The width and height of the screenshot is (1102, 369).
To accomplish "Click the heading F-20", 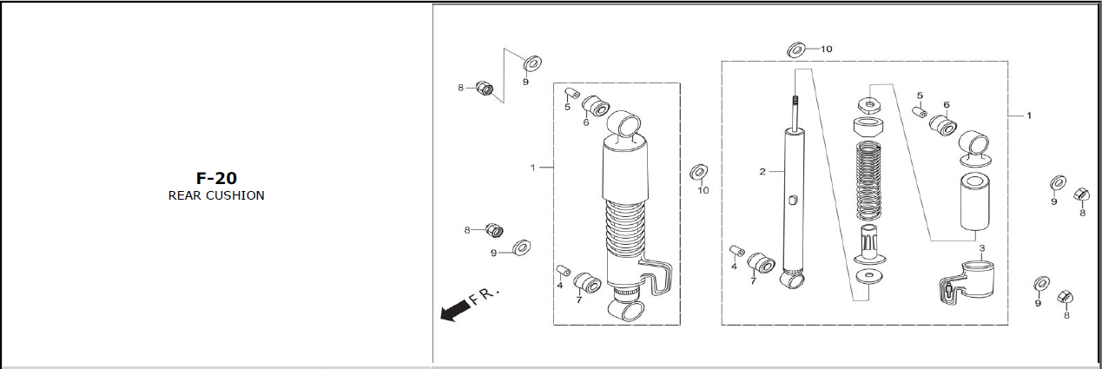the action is pos(216,178).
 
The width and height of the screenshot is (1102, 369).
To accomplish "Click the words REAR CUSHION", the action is pos(216,195).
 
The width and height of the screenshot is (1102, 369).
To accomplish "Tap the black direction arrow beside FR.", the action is pos(454,311).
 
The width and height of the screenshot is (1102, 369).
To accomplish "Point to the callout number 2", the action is pos(762,172).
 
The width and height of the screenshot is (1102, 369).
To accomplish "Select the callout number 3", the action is pos(982,248).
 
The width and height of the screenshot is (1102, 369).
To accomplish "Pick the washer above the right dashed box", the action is pos(796,49).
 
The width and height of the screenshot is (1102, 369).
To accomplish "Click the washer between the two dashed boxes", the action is pos(698,172).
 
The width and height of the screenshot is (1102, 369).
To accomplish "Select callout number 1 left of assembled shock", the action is pos(532,168).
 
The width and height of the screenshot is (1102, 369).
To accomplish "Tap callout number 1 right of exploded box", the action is pos(1029,115).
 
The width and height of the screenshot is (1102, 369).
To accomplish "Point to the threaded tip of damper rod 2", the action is pos(795,102).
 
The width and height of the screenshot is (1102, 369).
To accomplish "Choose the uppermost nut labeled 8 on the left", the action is pos(485,89).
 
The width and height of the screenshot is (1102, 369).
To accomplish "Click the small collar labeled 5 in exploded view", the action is pos(920,112).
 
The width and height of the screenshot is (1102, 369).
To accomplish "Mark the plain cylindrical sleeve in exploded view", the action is pos(975,201).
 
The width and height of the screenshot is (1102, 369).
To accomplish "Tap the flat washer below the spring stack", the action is pos(869,276).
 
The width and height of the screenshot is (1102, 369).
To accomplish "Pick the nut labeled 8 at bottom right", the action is pos(1065,297).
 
